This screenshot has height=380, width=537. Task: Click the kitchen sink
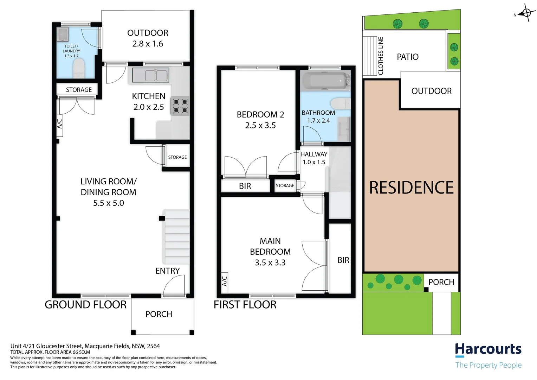[150, 75]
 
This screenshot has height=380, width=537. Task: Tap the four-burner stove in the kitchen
[180, 106]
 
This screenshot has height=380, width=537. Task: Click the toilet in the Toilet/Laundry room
[79, 68]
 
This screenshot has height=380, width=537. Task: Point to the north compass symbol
[526, 13]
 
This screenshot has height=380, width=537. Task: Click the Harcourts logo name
[488, 349]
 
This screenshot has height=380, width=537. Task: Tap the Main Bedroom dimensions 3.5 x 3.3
[270, 262]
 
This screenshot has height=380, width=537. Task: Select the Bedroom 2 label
[260, 114]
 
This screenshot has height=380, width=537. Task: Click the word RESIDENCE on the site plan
[411, 188]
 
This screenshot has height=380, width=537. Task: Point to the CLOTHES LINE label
[381, 56]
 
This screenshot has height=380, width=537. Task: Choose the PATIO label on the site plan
[408, 57]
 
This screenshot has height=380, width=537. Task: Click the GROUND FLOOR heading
[85, 305]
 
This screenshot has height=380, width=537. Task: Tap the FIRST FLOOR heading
[245, 305]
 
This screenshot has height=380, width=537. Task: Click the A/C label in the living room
[59, 123]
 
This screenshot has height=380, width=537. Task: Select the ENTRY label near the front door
[167, 271]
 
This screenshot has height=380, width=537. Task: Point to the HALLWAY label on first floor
[313, 154]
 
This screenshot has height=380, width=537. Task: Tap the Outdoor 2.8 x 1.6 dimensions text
[148, 44]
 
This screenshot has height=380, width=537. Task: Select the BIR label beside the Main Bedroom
[343, 260]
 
